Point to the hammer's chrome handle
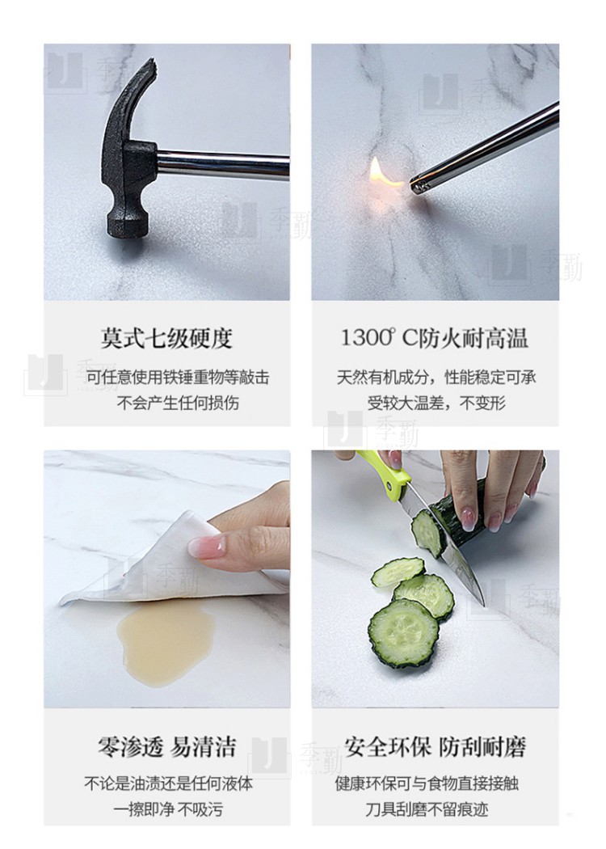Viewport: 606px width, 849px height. pyautogui.click(x=223, y=163)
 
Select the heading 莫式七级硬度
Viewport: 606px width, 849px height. pyautogui.click(x=166, y=339)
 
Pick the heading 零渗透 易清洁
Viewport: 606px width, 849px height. pyautogui.click(x=166, y=747)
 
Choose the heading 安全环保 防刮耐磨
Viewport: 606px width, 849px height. pyautogui.click(x=435, y=747)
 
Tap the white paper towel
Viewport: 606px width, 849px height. pyautogui.click(x=162, y=563)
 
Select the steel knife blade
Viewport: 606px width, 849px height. pyautogui.click(x=444, y=547)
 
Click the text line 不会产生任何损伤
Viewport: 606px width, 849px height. pyautogui.click(x=178, y=403)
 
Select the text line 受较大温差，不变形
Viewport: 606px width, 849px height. pyautogui.click(x=436, y=403)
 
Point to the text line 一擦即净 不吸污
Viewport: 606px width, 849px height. pyautogui.click(x=168, y=810)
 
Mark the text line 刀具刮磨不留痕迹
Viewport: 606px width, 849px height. pyautogui.click(x=427, y=810)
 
